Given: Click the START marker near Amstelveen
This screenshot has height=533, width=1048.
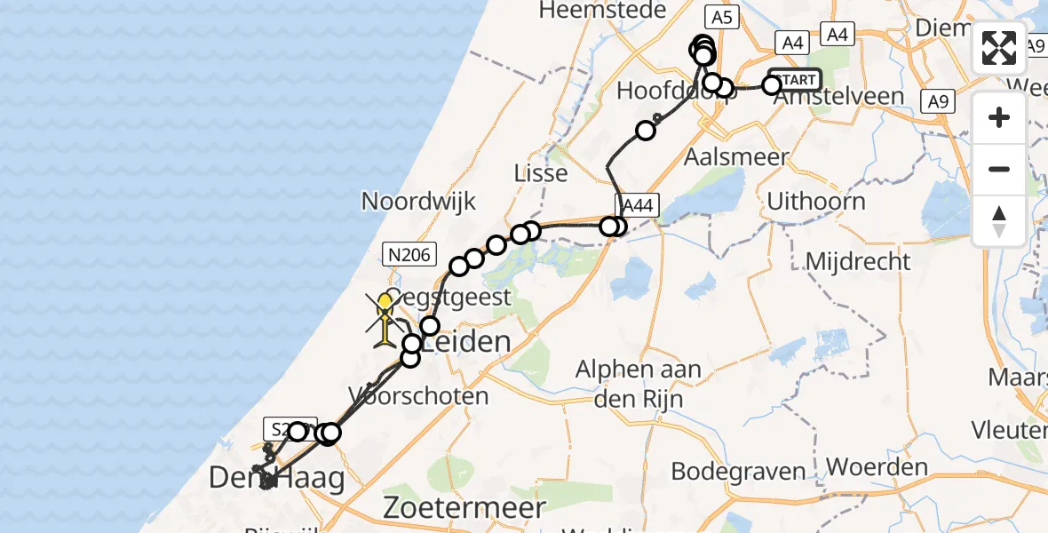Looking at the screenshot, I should [796, 80].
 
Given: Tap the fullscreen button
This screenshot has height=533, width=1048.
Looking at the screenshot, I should [999, 48].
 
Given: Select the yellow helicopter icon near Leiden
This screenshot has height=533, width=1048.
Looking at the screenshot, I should [385, 320].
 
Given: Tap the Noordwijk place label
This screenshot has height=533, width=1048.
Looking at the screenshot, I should [419, 201].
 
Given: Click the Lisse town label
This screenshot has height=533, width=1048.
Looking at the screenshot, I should [541, 172].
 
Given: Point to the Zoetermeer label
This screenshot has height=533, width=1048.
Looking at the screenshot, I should [464, 507].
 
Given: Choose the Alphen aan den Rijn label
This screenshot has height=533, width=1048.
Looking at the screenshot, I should [638, 384].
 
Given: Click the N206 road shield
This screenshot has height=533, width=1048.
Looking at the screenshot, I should [409, 256].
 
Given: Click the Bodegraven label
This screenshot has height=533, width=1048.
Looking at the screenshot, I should [738, 471].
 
